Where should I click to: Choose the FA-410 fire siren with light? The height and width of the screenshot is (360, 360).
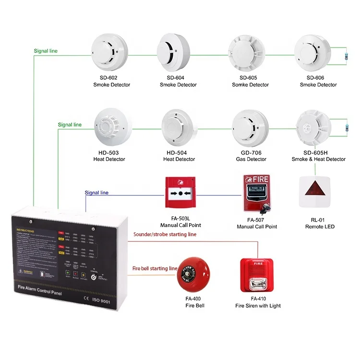coord(257,276)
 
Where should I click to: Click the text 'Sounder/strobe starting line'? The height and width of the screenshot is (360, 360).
coord(164,234)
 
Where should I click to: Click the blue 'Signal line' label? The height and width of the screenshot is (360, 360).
coord(96,193)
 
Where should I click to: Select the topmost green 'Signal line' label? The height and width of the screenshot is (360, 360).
coord(46,50)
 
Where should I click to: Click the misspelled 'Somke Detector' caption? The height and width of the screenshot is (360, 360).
coord(251,85)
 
